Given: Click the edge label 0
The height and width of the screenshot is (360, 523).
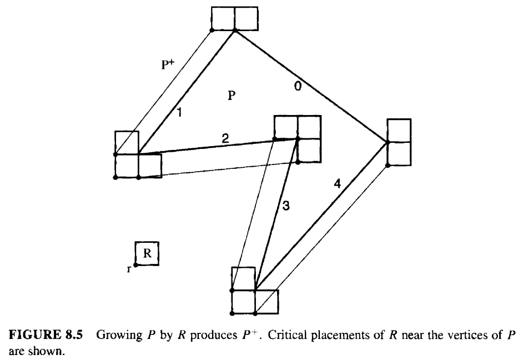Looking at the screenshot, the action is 298,87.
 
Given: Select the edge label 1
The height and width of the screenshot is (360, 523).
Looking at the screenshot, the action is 179,112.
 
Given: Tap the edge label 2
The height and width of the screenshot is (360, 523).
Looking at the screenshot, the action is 225,138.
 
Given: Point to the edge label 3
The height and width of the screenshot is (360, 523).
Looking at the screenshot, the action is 286,206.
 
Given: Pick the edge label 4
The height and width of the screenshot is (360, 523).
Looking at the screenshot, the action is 338,183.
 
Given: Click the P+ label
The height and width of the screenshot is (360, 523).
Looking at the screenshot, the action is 168,64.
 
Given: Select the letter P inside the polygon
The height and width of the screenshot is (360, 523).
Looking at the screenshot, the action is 232,96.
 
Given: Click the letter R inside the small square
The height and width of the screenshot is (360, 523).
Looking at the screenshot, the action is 147,253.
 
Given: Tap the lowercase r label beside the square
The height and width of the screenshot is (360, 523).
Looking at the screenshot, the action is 129,269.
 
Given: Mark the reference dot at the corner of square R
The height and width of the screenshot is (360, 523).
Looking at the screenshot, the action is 136,265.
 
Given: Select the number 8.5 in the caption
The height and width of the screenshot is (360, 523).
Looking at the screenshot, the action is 72,334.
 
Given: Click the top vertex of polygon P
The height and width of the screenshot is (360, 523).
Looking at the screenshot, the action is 235,31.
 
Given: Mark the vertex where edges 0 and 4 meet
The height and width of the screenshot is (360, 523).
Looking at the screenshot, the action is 388,142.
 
